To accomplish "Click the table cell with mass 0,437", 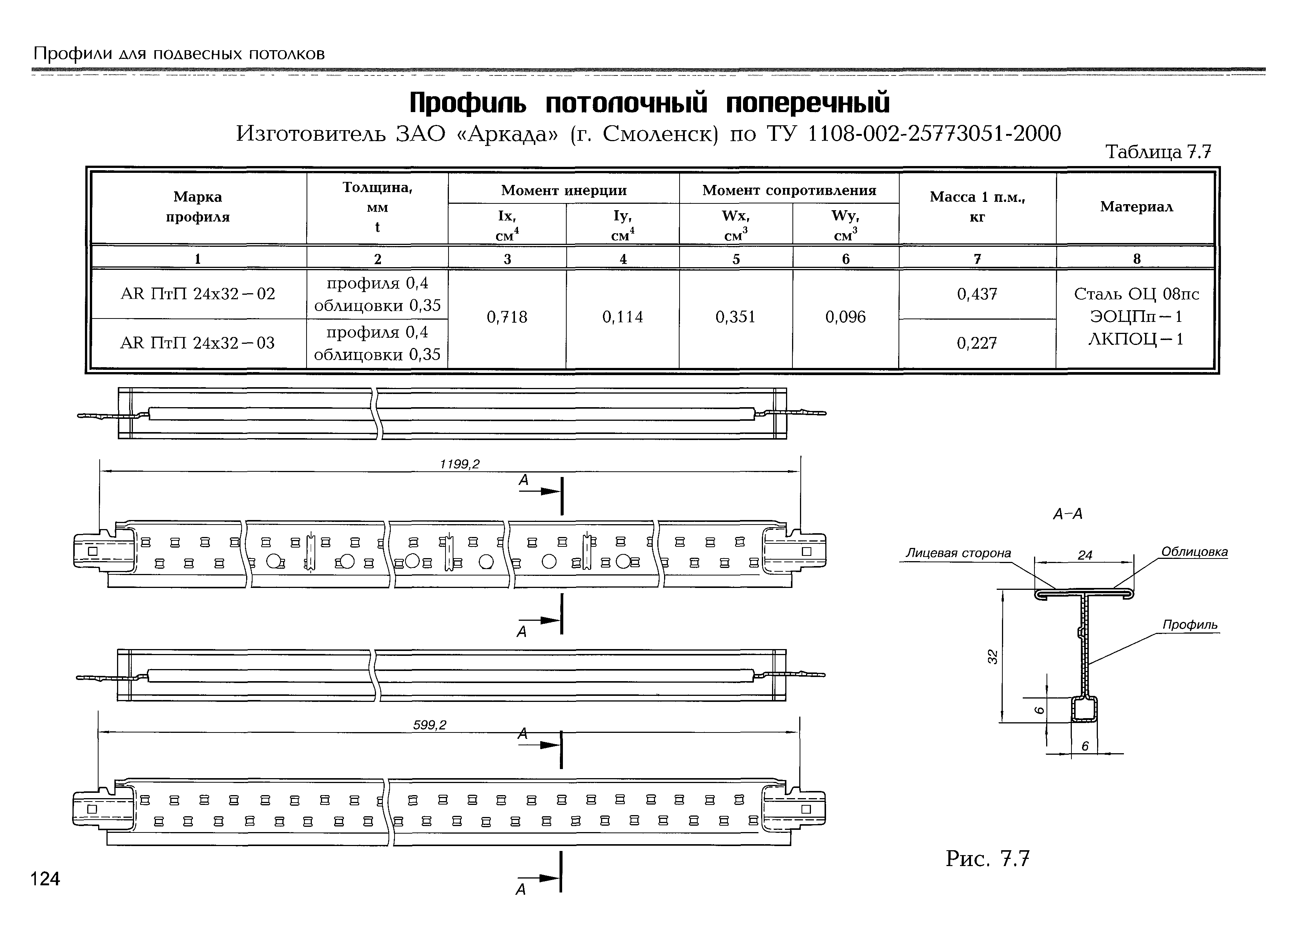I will pos(977,294).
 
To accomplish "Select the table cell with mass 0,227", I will pos(977,343).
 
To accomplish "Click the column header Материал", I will pos(1136,207).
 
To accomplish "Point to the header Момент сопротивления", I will pos(789,190).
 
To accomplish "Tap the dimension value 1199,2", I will pos(459,464).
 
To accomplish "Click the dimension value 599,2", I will pos(430,725).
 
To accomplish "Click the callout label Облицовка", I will pos(1194,552).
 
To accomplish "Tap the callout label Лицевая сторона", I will pos(959,553).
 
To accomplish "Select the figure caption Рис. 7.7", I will pos(987,859).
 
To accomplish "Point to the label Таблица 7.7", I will pos(1158,152).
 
